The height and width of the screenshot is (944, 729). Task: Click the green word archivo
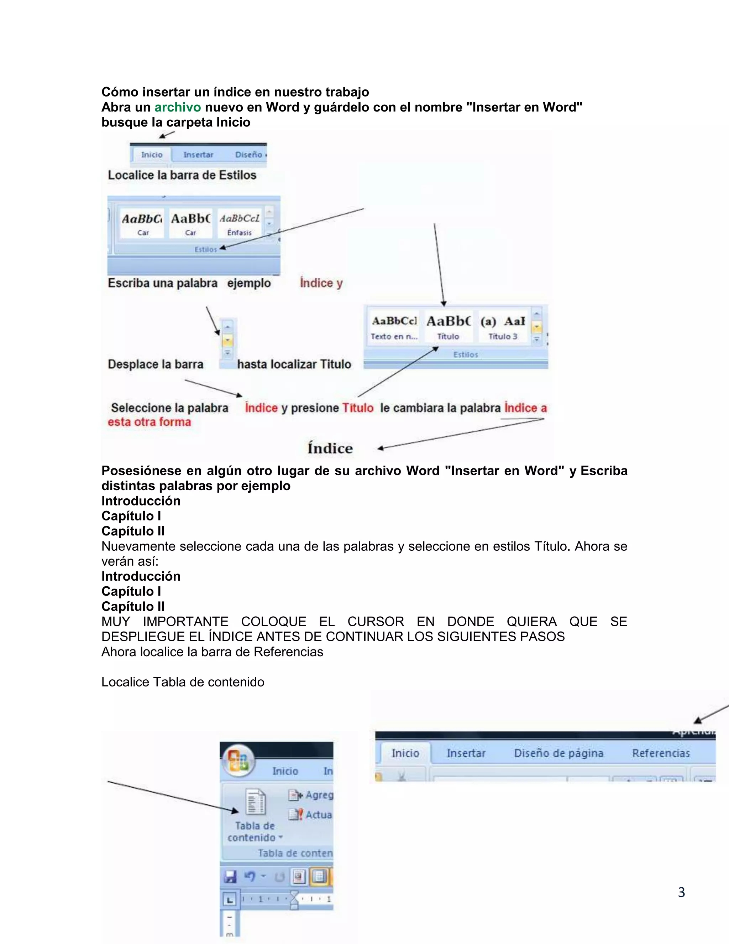(x=178, y=107)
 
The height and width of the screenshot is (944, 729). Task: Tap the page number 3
(x=681, y=892)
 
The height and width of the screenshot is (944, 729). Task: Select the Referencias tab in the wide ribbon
(x=660, y=753)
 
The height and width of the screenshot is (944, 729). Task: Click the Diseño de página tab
(x=558, y=753)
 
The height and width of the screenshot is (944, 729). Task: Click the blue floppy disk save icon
(x=231, y=877)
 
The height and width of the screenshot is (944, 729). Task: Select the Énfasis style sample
(x=240, y=224)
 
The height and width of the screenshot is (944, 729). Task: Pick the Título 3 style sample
(x=503, y=328)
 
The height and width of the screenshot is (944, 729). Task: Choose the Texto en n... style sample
(x=394, y=328)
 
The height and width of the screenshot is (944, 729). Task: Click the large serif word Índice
(x=330, y=448)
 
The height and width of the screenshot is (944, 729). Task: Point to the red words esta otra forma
(x=149, y=422)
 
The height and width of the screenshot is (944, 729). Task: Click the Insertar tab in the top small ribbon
(x=198, y=155)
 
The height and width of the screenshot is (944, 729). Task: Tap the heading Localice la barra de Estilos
(x=182, y=175)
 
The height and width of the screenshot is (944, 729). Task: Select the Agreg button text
(x=319, y=795)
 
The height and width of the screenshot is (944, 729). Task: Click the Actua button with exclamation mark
(x=318, y=815)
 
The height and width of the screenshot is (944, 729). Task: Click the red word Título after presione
(x=358, y=408)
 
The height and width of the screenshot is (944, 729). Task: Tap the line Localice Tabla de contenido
(x=183, y=682)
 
